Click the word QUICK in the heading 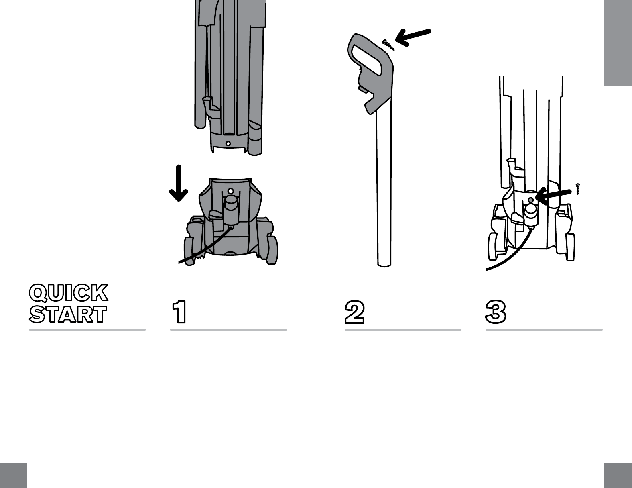[69, 292]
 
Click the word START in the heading [68, 314]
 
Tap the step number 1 [179, 312]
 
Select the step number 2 [354, 312]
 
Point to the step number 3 [496, 312]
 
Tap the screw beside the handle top [388, 45]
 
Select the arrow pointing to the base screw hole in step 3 [553, 195]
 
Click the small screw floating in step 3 [578, 189]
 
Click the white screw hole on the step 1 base [230, 191]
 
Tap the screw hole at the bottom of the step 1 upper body [228, 143]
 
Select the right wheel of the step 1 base [272, 250]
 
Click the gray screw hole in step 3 [530, 200]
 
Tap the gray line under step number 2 [403, 330]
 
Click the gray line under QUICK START [87, 330]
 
